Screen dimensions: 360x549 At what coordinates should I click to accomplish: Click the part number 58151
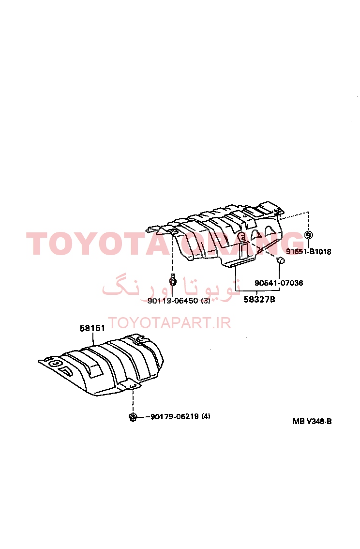[92, 328]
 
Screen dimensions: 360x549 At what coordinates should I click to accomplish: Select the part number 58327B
[259, 299]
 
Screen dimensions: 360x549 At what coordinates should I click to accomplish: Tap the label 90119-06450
[173, 301]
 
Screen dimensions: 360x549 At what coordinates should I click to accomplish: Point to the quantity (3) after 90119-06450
[205, 301]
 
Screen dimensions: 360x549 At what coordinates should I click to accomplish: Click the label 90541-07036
[279, 283]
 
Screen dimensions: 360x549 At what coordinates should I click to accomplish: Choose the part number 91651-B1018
[309, 251]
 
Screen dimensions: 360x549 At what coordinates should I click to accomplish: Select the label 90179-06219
[175, 416]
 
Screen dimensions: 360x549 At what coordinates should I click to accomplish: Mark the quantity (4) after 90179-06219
[206, 416]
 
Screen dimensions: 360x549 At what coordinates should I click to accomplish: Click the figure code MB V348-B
[312, 421]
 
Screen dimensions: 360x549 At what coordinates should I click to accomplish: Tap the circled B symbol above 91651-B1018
[308, 235]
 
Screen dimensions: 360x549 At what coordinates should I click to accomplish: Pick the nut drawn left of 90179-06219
[133, 417]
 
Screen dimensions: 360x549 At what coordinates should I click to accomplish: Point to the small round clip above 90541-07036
[280, 260]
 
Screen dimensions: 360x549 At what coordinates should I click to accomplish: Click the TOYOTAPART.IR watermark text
[169, 322]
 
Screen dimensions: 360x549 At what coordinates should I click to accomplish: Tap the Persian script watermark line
[171, 289]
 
